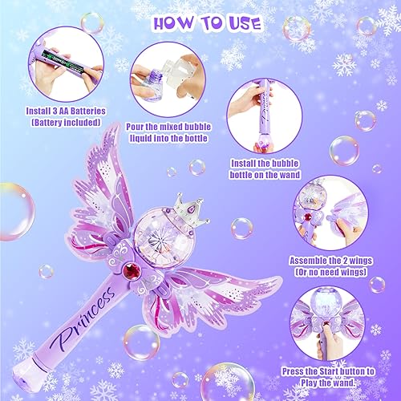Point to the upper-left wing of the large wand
[x=128, y=184]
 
